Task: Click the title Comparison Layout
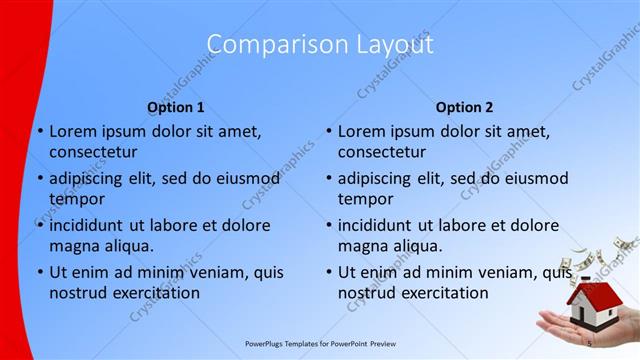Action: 320,44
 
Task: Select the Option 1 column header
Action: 175,107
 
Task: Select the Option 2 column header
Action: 464,107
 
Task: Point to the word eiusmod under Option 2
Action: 534,178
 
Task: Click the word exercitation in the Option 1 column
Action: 155,293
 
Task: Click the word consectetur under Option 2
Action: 381,152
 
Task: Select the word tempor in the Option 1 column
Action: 75,199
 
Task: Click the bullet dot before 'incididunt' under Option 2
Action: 328,225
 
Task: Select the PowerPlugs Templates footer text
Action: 320,343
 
